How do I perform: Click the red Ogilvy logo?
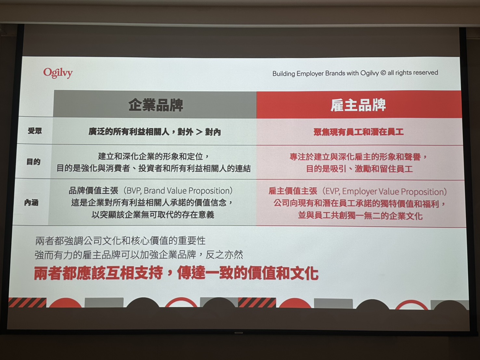[58, 73]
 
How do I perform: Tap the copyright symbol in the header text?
[383, 73]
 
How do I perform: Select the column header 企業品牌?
[155, 105]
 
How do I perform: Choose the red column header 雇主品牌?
[358, 105]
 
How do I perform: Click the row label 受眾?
[35, 131]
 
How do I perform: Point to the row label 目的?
[33, 162]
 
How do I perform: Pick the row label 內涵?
[31, 203]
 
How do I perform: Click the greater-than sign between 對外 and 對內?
[199, 132]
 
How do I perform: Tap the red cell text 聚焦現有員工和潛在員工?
[358, 132]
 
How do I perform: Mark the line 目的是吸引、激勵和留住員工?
[359, 169]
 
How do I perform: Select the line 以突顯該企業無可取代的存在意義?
[153, 215]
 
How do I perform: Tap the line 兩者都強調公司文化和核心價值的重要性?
[121, 241]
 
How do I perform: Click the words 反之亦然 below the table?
[224, 255]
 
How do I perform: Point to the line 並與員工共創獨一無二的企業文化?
[360, 216]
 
